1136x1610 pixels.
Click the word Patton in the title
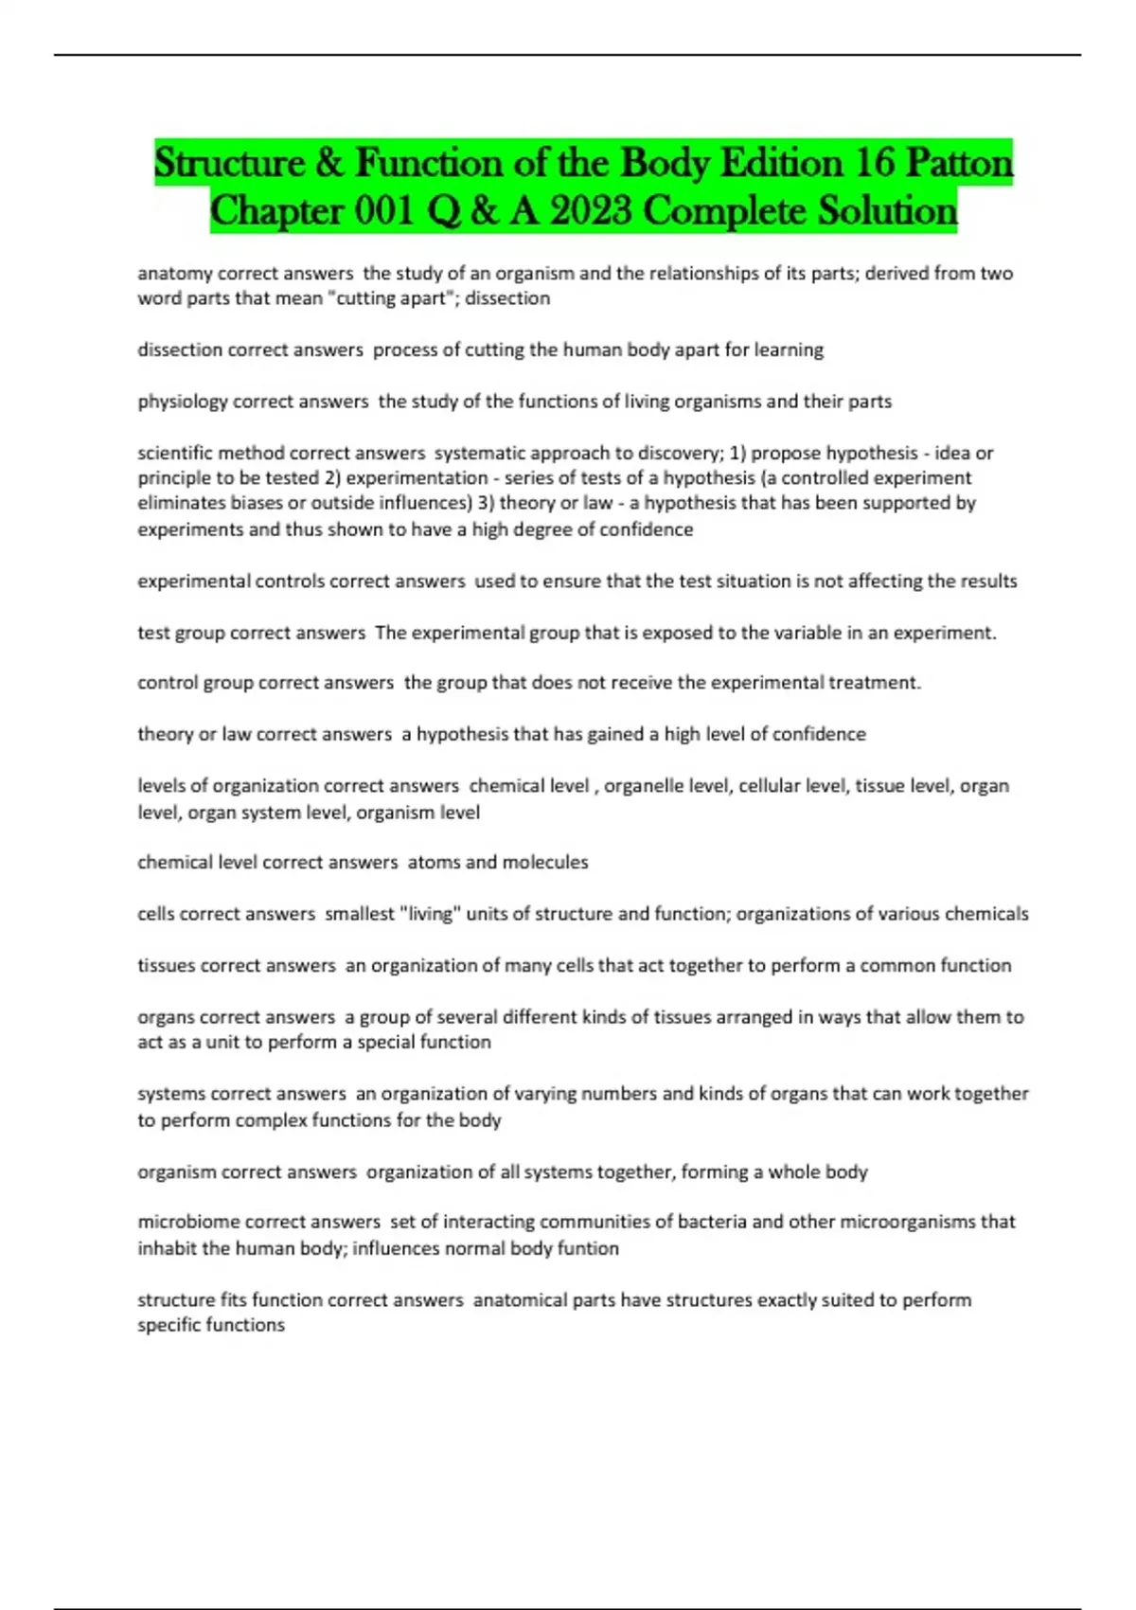point(959,164)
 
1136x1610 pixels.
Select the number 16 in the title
point(874,164)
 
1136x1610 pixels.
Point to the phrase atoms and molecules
point(498,863)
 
